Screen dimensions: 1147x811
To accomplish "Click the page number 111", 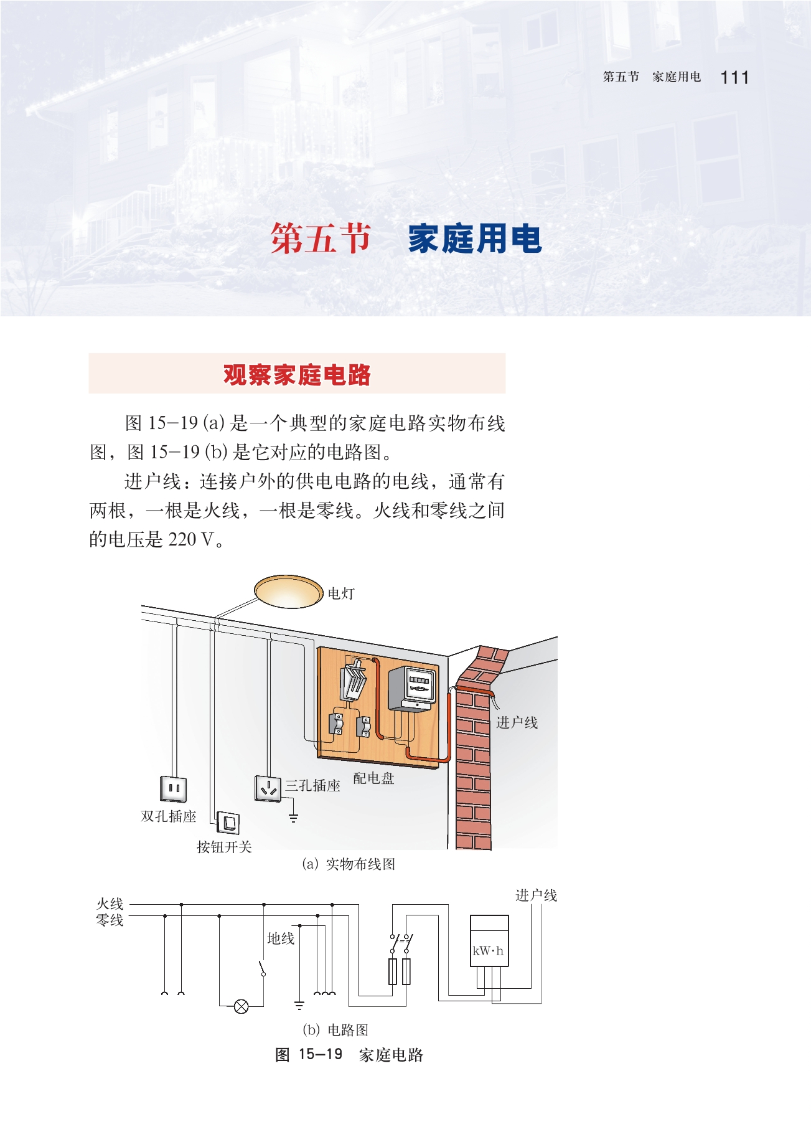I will tap(734, 78).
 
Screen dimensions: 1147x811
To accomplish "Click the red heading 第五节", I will tap(321, 238).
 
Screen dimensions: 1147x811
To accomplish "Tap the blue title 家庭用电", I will tap(474, 239).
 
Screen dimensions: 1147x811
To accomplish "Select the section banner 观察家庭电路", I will tap(297, 374).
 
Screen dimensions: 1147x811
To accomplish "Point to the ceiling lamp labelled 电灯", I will tap(288, 591).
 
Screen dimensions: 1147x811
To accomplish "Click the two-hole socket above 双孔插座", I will tap(174, 788).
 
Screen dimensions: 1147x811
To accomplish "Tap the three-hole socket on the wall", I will tap(268, 788).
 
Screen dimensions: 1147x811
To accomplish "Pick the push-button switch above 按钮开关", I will tap(228, 823).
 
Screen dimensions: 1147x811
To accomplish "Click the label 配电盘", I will tap(373, 778).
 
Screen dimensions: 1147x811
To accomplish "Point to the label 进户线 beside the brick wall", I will tap(517, 723).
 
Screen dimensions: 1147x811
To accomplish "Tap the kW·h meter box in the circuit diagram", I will tap(489, 940).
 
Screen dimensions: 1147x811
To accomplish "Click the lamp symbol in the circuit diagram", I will tap(241, 1006).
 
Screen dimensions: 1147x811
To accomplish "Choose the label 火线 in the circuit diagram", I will tap(110, 904).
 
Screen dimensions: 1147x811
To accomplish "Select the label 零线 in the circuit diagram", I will tap(110, 920).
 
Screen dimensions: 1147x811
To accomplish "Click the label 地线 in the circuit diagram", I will tap(280, 938).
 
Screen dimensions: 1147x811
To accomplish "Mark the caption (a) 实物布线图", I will tap(349, 864).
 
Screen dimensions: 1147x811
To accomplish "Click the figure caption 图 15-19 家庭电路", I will tap(349, 1055).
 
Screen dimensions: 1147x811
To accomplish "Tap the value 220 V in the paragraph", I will tap(191, 539).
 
